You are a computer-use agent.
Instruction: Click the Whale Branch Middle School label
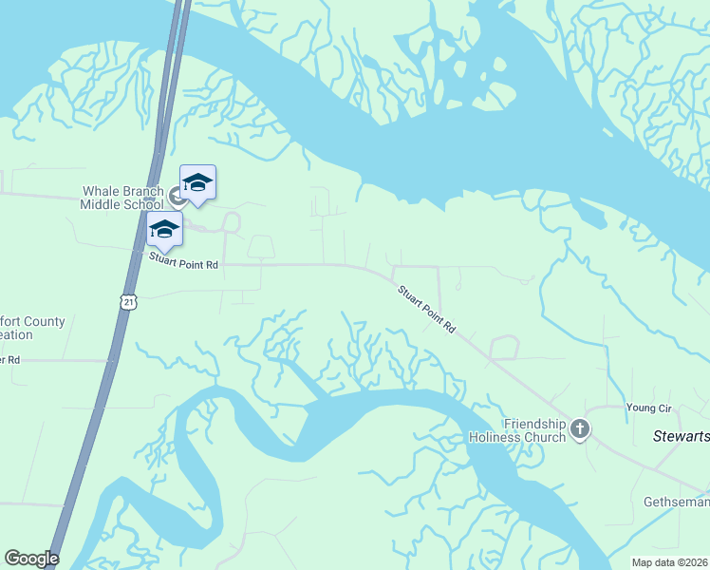[x=121, y=197]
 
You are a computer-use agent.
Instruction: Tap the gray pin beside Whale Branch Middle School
[x=177, y=197]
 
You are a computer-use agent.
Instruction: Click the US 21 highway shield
[x=129, y=301]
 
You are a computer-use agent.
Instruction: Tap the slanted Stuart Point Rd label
[x=426, y=309]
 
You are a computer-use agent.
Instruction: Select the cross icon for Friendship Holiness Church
[x=580, y=430]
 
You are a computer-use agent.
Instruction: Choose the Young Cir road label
[x=648, y=408]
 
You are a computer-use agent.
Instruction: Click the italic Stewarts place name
[x=681, y=437]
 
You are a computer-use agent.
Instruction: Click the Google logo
[x=31, y=559]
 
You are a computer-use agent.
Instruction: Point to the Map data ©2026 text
[x=670, y=562]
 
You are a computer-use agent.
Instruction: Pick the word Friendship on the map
[x=534, y=424]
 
